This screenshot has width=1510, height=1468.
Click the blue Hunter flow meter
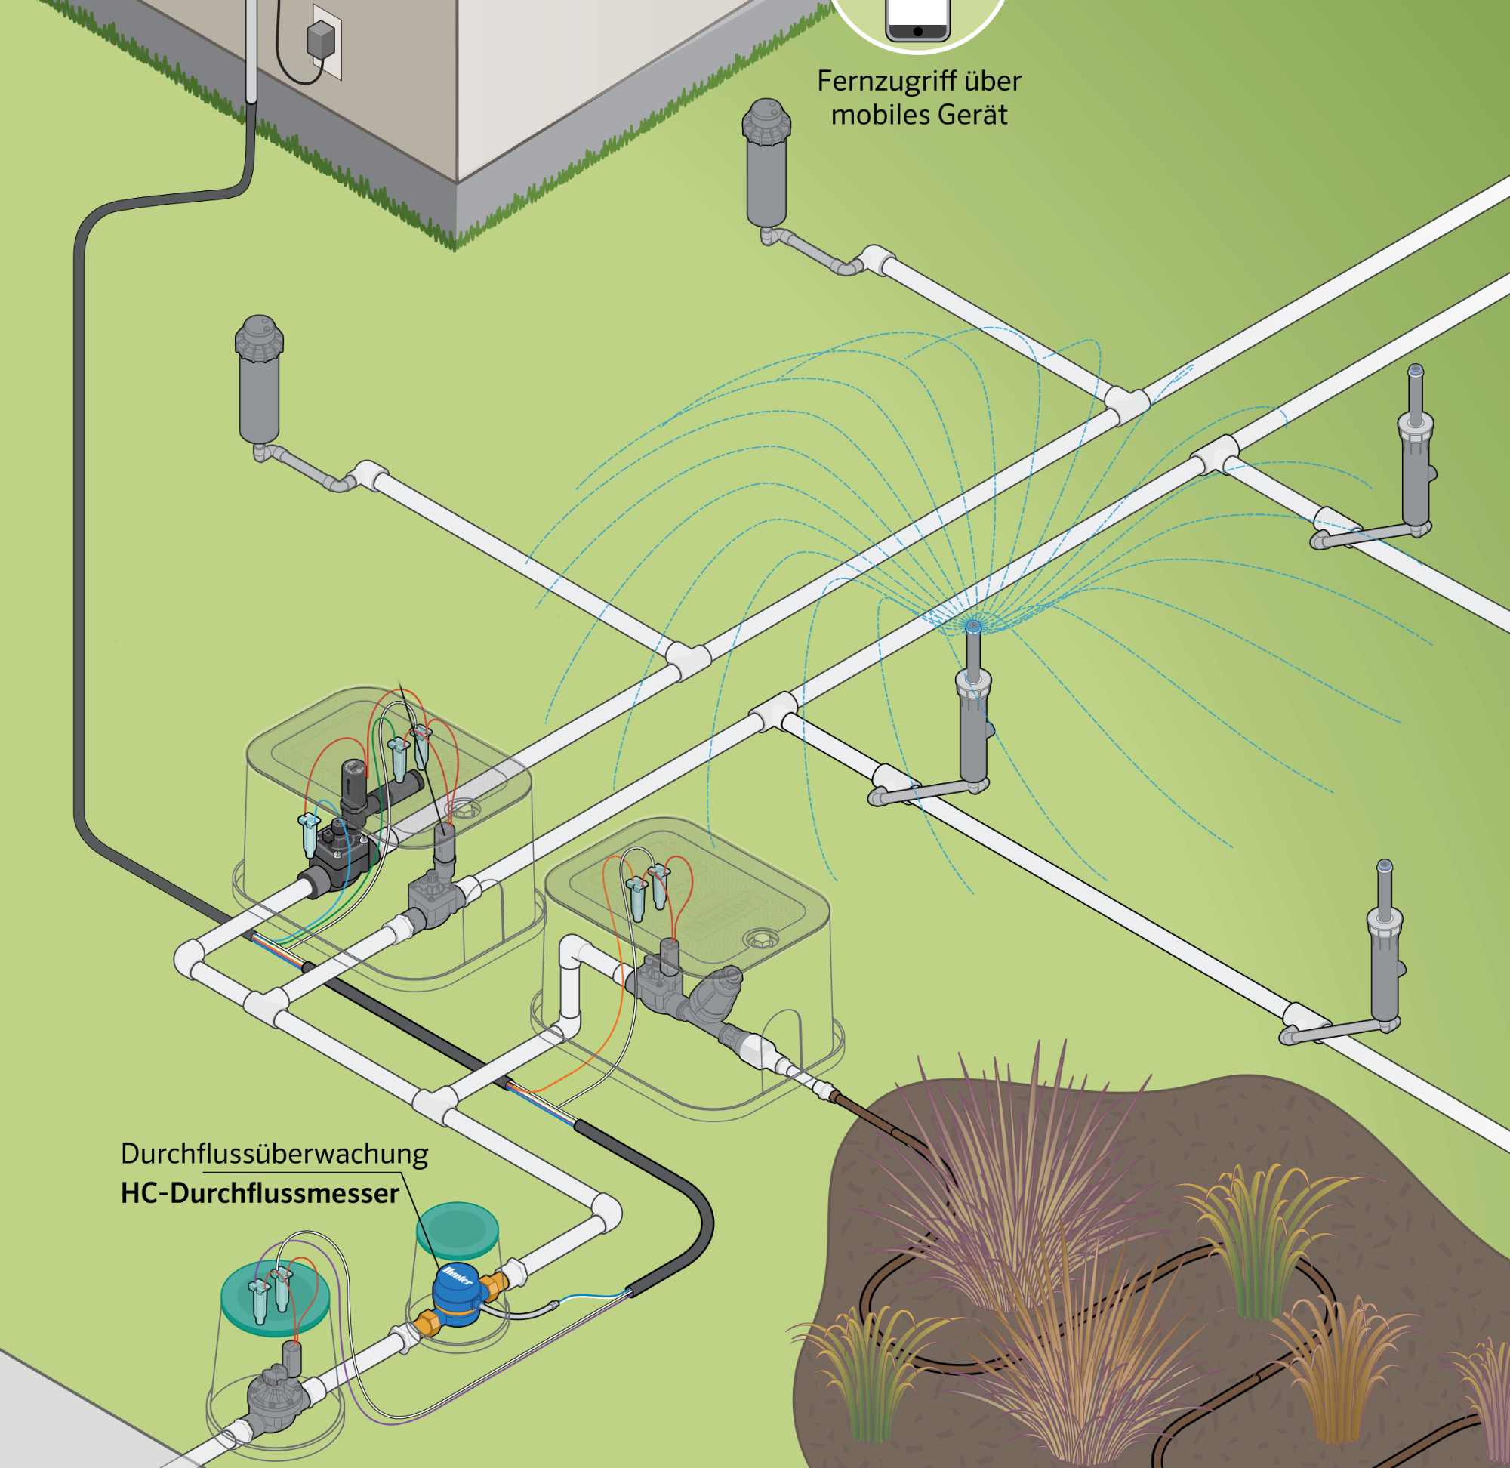coord(456,1296)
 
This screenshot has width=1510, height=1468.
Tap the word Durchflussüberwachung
coord(274,1154)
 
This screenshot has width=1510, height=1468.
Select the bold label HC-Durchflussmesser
coord(260,1194)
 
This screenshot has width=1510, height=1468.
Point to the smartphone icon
coord(917,20)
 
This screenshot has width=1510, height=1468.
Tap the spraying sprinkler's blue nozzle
coord(973,625)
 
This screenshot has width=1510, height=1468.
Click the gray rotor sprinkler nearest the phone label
coord(766,166)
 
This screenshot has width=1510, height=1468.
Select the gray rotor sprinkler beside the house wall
coord(259,381)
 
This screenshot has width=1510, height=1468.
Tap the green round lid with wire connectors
coord(275,1297)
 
